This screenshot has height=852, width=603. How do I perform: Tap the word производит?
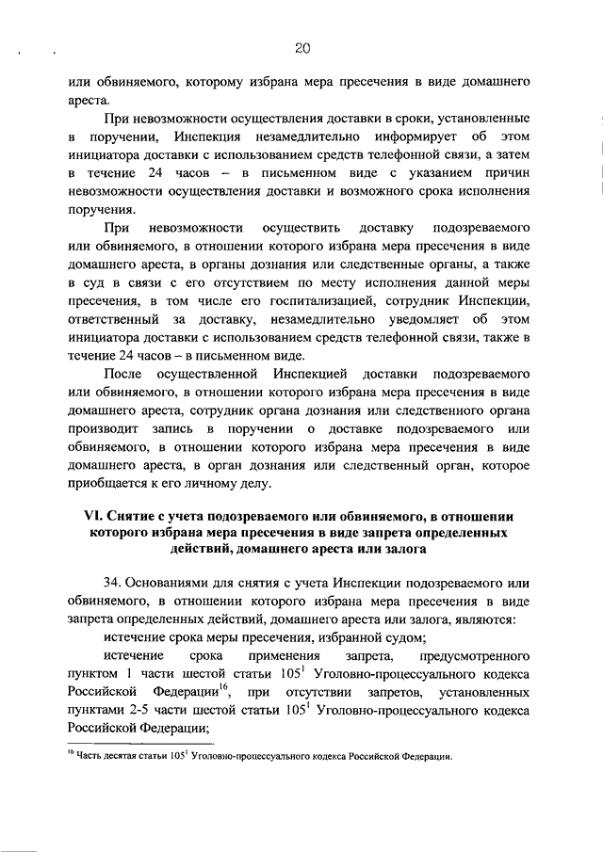[x=98, y=429]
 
